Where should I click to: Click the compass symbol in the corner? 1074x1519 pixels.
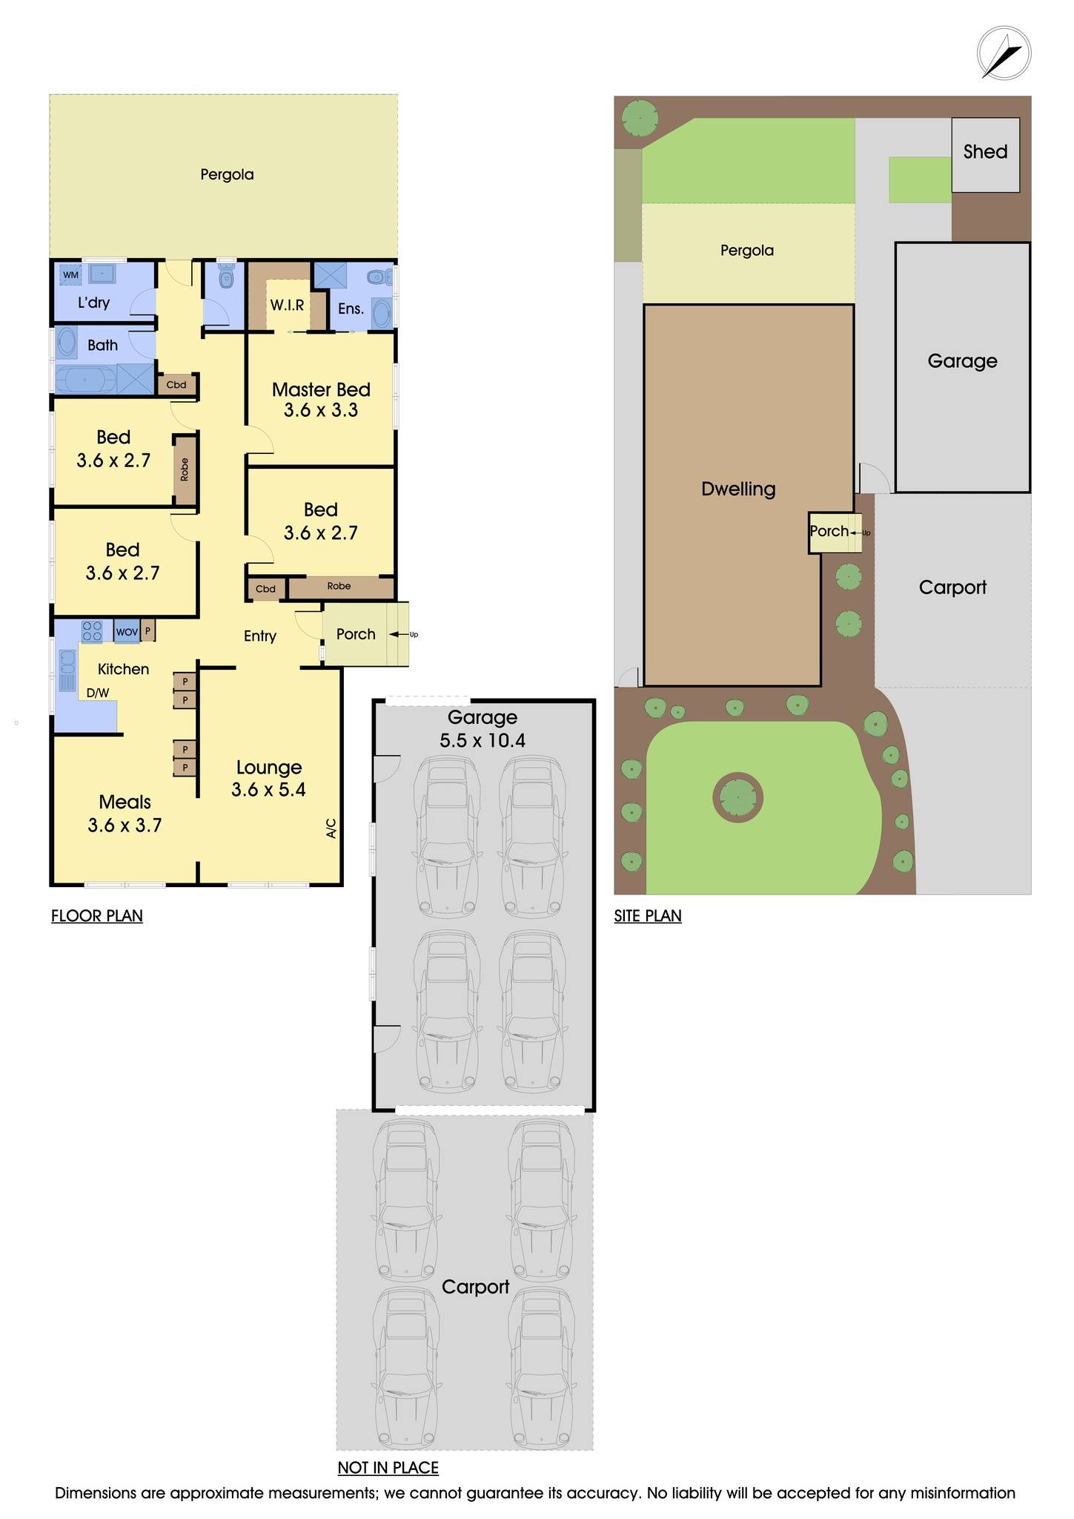tap(1004, 53)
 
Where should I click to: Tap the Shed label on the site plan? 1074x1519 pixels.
tap(984, 152)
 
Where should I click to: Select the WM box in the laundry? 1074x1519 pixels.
tap(70, 275)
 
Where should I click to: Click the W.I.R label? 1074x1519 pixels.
tap(287, 305)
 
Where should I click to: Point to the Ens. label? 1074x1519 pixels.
tap(350, 309)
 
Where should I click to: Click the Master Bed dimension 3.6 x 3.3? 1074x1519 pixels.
tap(320, 410)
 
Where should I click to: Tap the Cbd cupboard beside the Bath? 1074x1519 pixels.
tap(176, 385)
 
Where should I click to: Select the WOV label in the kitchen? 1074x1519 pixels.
tap(127, 632)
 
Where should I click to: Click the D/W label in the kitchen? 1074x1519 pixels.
tap(98, 693)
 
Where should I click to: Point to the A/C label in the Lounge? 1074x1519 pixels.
tap(331, 828)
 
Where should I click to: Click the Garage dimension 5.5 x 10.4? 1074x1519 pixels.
tap(482, 740)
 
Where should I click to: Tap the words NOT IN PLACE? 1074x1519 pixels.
tap(388, 1468)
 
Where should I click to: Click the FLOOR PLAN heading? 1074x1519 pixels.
tap(97, 916)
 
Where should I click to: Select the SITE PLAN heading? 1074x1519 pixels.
tap(647, 916)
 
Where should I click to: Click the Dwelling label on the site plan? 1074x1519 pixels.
tap(738, 489)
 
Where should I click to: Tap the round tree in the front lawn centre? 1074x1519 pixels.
tap(737, 798)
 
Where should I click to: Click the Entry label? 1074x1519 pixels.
tap(260, 636)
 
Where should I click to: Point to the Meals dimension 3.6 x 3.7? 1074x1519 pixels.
tap(125, 825)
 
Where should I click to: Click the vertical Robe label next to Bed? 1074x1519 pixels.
tap(185, 469)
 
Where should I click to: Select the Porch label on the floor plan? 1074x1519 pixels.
tap(356, 634)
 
